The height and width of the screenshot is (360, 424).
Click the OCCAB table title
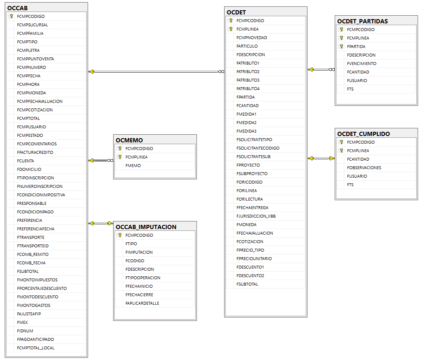click(x=17, y=8)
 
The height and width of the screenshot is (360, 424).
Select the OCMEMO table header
click(x=129, y=140)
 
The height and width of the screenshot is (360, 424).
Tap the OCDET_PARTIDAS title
click(x=362, y=21)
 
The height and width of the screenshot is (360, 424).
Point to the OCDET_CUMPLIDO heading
click(x=364, y=134)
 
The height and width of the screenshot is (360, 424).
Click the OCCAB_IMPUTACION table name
click(x=146, y=227)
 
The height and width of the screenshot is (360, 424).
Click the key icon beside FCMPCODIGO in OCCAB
click(x=11, y=17)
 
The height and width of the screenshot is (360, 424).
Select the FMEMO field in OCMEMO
click(x=133, y=166)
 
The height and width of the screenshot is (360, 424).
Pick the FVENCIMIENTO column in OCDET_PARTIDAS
click(x=361, y=63)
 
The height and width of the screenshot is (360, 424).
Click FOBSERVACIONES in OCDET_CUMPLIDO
click(x=364, y=168)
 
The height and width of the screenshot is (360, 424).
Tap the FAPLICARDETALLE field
click(x=142, y=303)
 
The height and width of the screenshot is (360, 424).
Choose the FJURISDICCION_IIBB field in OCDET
click(x=256, y=216)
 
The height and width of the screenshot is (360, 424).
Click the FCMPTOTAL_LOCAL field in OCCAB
click(x=36, y=348)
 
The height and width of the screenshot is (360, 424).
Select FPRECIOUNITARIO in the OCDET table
click(x=254, y=259)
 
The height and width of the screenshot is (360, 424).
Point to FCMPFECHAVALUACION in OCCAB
click(x=40, y=101)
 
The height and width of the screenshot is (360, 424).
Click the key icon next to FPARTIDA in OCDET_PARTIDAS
click(x=341, y=46)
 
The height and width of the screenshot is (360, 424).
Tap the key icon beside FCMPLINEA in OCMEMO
click(x=120, y=157)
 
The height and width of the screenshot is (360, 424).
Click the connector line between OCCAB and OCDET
click(x=156, y=72)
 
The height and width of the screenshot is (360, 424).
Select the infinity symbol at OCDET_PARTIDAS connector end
click(x=332, y=69)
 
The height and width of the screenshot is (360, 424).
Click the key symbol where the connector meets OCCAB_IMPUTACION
click(x=110, y=223)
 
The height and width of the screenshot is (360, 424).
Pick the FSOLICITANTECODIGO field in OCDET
click(x=258, y=148)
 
